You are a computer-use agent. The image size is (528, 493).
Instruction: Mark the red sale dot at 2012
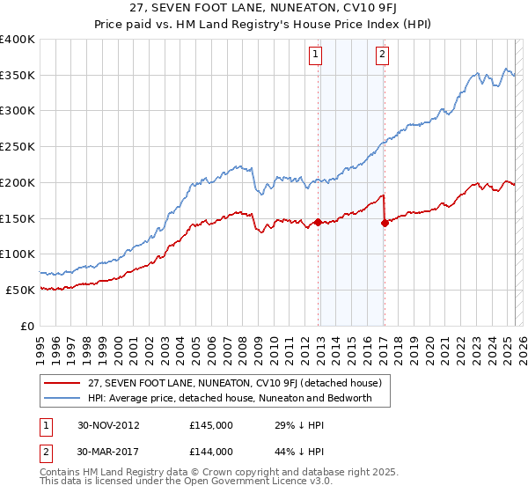[x=318, y=222]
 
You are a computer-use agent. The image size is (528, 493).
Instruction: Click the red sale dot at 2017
[x=385, y=223]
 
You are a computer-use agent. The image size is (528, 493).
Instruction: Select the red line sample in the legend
[x=62, y=383]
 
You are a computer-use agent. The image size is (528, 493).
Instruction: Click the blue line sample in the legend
[x=62, y=398]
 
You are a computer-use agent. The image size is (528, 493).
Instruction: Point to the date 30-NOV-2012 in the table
[x=108, y=425]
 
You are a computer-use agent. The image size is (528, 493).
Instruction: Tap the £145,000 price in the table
[x=210, y=425]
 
